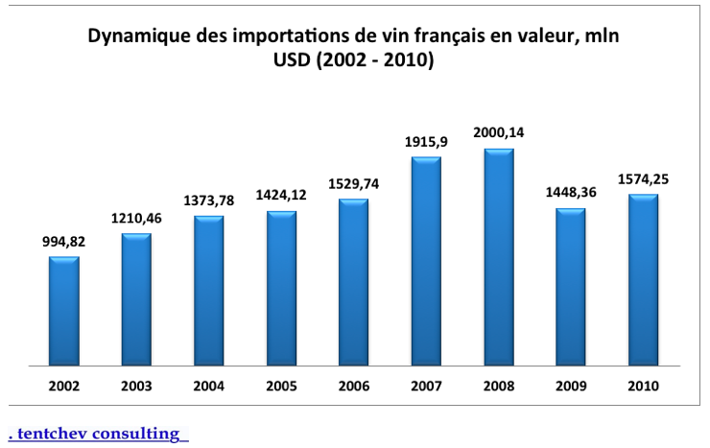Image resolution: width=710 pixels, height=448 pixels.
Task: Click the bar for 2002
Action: tap(64, 311)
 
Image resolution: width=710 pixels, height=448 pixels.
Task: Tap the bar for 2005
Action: tap(281, 288)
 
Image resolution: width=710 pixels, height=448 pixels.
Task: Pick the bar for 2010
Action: tap(642, 280)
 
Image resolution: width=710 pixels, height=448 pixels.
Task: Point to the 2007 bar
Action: tap(426, 261)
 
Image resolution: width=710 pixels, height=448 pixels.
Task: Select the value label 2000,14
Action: tap(498, 132)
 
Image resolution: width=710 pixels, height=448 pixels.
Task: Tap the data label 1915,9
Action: tap(426, 142)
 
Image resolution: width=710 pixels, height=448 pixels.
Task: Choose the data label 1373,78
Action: tap(209, 201)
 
